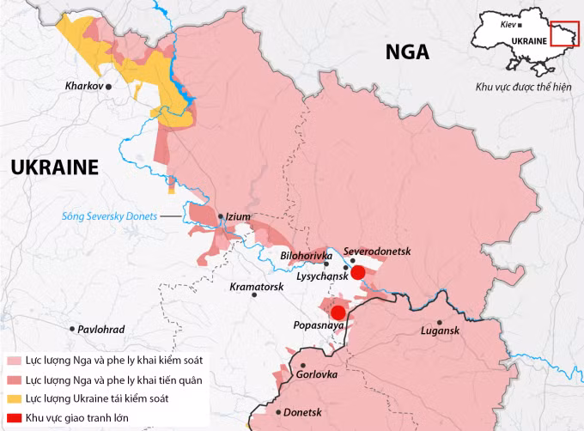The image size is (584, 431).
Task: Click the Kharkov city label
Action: [x=83, y=87]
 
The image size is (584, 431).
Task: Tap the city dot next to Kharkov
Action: [x=109, y=87]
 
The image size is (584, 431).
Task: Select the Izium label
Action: [x=238, y=217]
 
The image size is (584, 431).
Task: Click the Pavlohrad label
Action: [x=100, y=330]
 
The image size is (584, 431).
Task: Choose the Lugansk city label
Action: [x=441, y=331]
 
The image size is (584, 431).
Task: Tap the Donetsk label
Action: [x=301, y=412]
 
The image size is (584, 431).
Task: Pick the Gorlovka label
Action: [x=315, y=375]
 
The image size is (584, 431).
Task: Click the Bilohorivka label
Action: [x=307, y=256]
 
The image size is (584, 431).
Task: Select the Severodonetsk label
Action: [x=378, y=251]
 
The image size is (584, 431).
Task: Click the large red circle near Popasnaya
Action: [x=338, y=313]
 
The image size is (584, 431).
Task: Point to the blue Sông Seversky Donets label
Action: [x=109, y=217]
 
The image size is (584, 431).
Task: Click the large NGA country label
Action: [x=407, y=53]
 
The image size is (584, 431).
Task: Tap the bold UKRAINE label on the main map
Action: [x=54, y=167]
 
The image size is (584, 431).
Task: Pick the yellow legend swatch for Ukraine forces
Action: [x=13, y=398]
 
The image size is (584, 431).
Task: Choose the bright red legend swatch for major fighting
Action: [x=13, y=417]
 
